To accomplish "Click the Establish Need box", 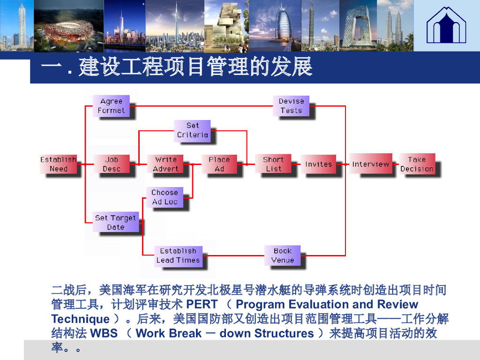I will click(x=58, y=165).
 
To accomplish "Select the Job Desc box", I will click(x=112, y=165).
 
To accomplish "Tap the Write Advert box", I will click(x=166, y=165).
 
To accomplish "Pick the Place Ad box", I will click(x=219, y=165).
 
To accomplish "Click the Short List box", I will click(x=273, y=165).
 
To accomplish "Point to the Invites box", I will click(x=318, y=165).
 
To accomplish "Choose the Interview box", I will click(x=370, y=164).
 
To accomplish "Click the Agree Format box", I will click(x=111, y=106).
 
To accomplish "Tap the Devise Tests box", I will click(x=291, y=106).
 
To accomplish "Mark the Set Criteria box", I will click(x=192, y=130).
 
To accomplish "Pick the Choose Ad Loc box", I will click(x=165, y=197).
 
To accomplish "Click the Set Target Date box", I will click(x=115, y=223).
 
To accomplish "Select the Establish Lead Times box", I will click(x=178, y=256).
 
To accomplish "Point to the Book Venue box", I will click(x=283, y=256).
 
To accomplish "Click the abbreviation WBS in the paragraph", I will click(x=104, y=333).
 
